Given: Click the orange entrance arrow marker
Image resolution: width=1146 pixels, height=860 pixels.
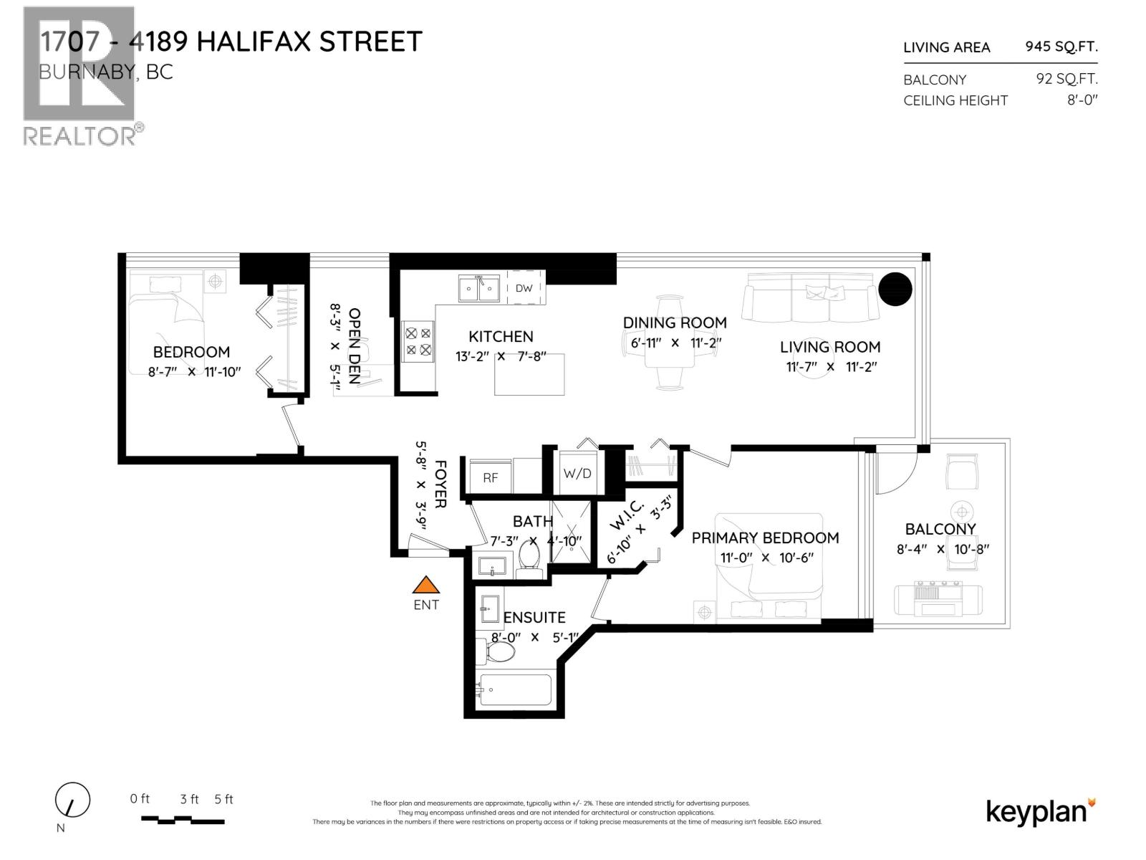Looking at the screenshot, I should [x=425, y=585].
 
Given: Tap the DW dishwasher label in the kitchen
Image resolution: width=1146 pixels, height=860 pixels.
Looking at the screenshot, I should [x=524, y=288].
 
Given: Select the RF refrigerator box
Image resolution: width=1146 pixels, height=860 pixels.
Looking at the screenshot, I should [x=490, y=477].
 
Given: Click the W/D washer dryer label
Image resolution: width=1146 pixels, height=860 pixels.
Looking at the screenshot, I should [x=577, y=473].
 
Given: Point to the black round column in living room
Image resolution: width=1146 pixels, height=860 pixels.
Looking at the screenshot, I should [x=895, y=289].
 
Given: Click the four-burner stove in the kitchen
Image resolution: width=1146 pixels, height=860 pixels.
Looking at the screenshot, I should [x=418, y=341].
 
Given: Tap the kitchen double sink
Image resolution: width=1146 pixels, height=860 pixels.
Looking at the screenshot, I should [x=479, y=289].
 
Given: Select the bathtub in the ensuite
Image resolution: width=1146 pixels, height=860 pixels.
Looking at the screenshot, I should [x=514, y=690].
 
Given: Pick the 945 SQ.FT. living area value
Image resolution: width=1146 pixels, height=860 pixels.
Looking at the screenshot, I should [x=1061, y=47].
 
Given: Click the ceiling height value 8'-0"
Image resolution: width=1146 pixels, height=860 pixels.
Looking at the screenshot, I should [x=1082, y=100].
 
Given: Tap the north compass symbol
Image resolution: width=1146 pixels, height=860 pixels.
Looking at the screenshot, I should [x=72, y=800].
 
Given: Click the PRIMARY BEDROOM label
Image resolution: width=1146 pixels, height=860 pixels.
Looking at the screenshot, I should [x=765, y=537].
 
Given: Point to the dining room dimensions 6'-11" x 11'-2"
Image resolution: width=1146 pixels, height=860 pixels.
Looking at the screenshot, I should [x=674, y=343].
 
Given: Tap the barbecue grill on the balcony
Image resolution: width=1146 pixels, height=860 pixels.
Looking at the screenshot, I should [x=938, y=599].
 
